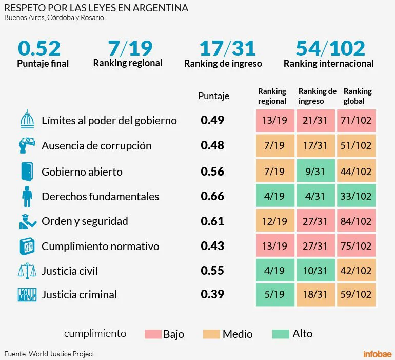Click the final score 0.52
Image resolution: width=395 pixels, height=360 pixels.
click(x=39, y=49)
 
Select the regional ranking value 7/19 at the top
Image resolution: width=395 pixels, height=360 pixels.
click(x=130, y=49)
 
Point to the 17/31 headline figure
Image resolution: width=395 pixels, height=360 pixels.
click(x=227, y=49)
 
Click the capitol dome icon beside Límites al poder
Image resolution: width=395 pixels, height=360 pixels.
click(x=27, y=120)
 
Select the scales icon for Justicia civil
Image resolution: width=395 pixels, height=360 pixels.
click(x=27, y=270)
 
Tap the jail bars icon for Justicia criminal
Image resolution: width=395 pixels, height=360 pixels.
click(x=27, y=295)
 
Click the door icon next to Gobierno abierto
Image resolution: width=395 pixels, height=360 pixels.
click(x=27, y=171)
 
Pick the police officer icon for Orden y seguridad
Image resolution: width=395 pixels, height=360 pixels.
click(x=27, y=220)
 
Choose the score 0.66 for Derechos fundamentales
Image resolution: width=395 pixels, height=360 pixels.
click(x=212, y=196)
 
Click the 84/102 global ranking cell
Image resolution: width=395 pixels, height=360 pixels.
click(x=355, y=221)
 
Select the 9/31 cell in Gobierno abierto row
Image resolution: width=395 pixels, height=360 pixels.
click(x=314, y=172)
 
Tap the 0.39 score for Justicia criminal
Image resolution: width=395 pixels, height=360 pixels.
click(x=212, y=295)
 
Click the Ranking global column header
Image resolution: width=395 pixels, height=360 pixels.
click(x=357, y=96)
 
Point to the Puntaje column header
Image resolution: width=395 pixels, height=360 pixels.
click(x=213, y=96)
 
